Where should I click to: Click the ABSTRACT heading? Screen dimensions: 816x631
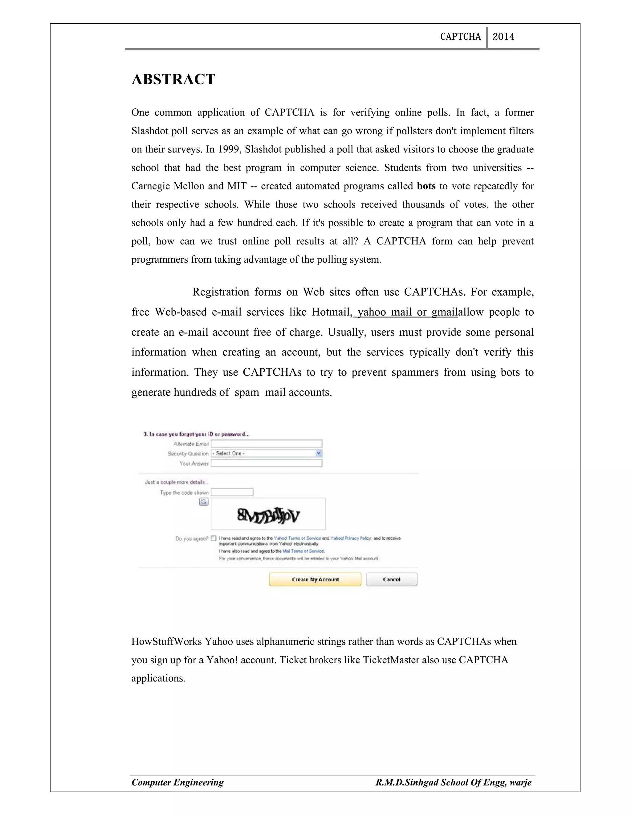coord(173,79)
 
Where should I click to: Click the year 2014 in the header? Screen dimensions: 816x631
coord(503,37)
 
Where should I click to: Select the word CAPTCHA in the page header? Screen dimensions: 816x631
coord(460,37)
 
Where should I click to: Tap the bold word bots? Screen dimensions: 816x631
coord(426,186)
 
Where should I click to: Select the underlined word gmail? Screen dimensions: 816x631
coord(445,312)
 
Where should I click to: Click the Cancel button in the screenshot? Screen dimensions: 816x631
coord(391,580)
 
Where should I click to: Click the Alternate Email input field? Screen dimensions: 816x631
coord(266,443)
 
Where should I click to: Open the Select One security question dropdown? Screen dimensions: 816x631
coord(266,453)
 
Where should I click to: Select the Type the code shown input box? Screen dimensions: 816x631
coord(232,492)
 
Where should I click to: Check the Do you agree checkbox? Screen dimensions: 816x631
coord(214,538)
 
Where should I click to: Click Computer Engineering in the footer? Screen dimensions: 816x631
coord(177,782)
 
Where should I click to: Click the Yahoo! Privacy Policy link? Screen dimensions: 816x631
coord(351,538)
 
